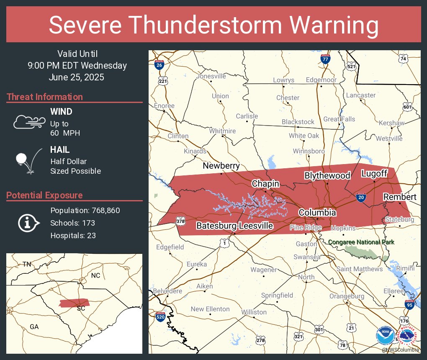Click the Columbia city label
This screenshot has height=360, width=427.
click(317, 213)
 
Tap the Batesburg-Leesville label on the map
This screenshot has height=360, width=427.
click(235, 226)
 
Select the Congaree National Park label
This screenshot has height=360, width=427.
click(361, 242)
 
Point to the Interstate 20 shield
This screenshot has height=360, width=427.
click(360, 197)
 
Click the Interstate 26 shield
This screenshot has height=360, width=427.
click(159, 64)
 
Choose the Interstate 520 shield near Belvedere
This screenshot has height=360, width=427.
click(160, 316)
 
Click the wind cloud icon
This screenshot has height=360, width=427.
click(28, 122)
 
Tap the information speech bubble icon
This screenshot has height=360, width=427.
click(28, 223)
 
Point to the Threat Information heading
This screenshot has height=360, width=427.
click(45, 97)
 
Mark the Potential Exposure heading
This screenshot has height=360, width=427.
click(44, 195)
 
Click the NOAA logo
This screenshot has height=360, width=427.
click(385, 336)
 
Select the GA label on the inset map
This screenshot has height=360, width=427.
click(34, 327)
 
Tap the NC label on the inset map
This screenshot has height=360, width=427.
click(96, 276)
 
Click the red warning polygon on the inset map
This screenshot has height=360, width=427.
click(75, 303)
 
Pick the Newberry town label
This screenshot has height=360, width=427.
click(221, 166)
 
